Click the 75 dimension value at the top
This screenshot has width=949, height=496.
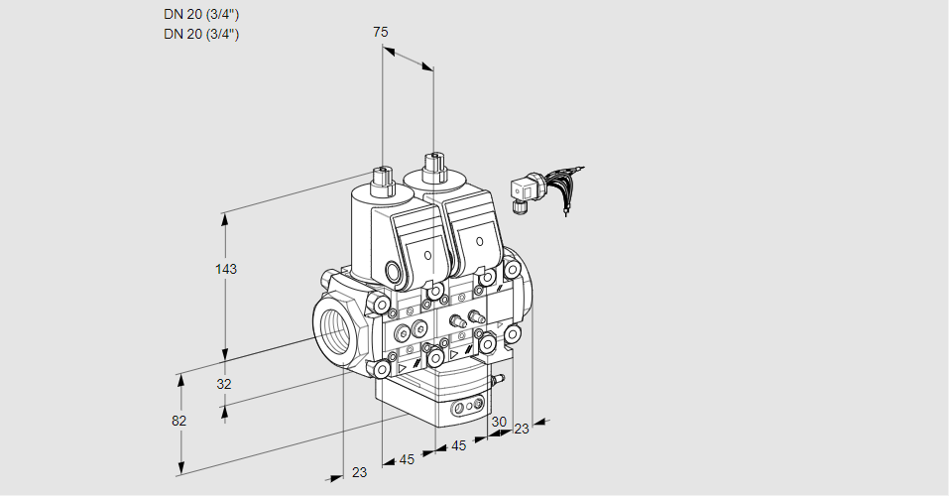(381, 32)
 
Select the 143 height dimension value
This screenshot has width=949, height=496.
(228, 269)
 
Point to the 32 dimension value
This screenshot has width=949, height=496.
(224, 384)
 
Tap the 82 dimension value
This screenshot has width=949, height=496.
(178, 421)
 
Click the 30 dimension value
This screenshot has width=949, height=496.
(498, 422)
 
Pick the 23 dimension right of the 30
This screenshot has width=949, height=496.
(522, 429)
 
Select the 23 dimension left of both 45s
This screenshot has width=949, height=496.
(359, 472)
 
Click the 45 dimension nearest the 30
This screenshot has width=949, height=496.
(459, 445)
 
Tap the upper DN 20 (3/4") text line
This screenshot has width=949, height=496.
(201, 14)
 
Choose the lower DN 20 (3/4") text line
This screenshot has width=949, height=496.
(201, 34)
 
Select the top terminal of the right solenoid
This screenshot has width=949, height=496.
(432, 166)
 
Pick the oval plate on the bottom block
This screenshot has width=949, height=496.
(466, 407)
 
